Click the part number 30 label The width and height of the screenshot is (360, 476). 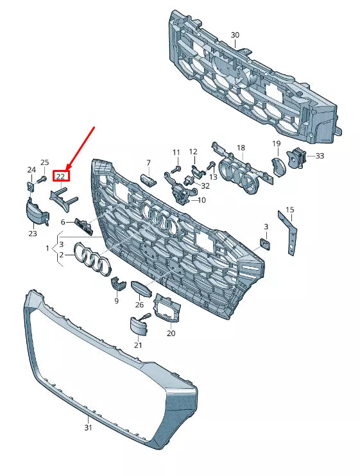tap(235, 34)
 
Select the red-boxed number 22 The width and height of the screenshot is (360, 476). tap(61, 175)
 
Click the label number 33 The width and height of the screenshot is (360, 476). tap(320, 155)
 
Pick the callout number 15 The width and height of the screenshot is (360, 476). tap(290, 210)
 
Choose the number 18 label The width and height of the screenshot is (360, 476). tap(241, 148)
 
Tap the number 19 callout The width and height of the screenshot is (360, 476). tap(276, 144)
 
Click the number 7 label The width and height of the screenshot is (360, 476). tap(148, 163)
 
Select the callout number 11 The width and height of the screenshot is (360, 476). tap(176, 152)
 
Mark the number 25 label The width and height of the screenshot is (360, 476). tap(45, 162)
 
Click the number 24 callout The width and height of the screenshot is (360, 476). tap(31, 170)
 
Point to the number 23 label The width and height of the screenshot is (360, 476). tap(33, 234)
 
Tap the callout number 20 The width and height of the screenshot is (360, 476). tap(171, 333)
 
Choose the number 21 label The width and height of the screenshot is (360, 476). tap(138, 345)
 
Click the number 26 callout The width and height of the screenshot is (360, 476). tap(139, 305)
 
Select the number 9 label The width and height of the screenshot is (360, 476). tap(116, 300)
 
